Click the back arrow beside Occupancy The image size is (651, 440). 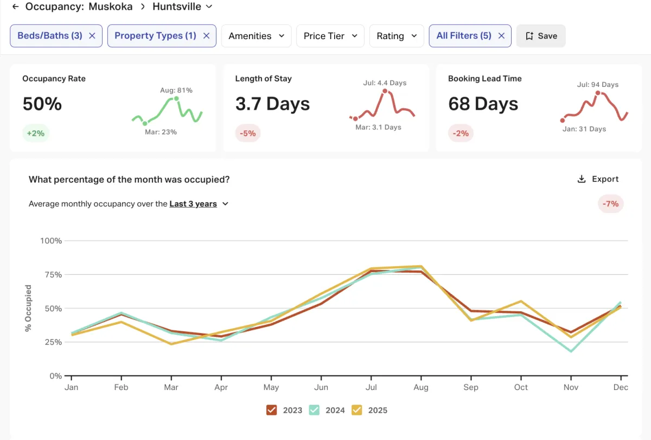(15, 7)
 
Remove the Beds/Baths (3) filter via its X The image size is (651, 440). (92, 36)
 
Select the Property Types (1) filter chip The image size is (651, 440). (155, 36)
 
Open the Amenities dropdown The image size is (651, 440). (256, 36)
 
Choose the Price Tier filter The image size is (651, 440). (330, 36)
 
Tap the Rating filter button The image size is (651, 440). (397, 36)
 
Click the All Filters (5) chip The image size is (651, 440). (463, 36)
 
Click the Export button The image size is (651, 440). (597, 179)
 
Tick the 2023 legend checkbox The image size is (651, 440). (272, 410)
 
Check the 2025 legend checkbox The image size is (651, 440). (357, 410)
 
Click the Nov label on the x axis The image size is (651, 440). (571, 387)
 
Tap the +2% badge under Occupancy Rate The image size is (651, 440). (36, 133)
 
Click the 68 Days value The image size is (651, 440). (483, 104)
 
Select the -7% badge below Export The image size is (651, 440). (611, 204)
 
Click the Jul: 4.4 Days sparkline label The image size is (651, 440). (385, 83)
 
